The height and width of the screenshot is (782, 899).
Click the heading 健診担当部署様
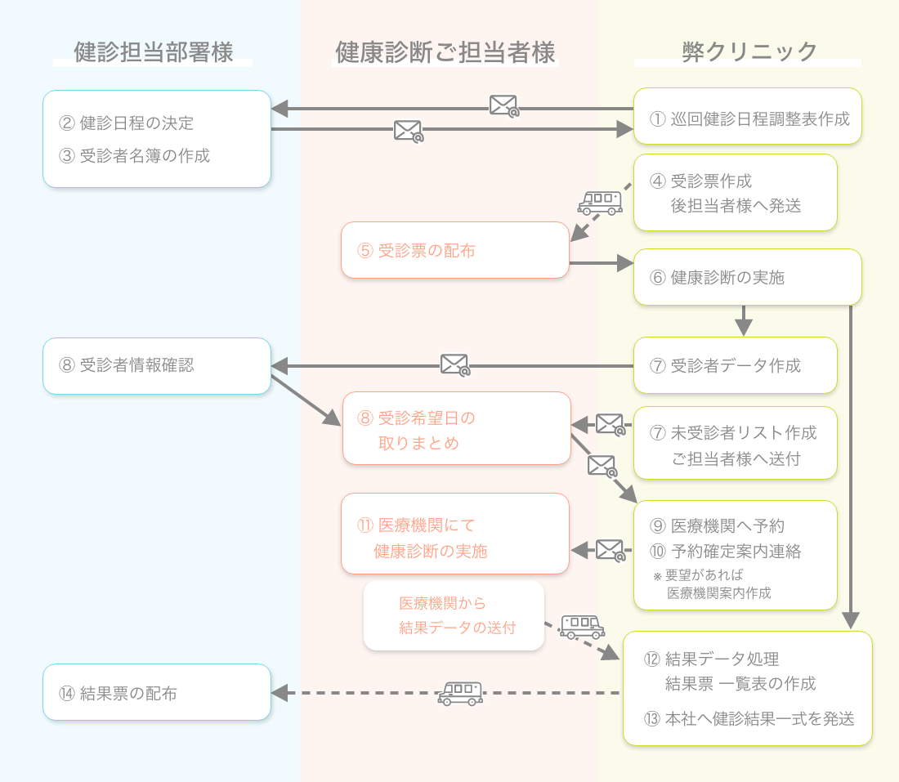click(x=153, y=52)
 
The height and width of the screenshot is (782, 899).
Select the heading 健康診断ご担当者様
click(x=445, y=53)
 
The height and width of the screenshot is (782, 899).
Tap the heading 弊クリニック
click(x=749, y=52)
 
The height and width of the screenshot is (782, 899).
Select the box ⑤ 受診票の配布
click(x=454, y=251)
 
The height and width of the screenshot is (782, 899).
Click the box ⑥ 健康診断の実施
click(x=748, y=277)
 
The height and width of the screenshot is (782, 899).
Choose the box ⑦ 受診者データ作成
click(x=736, y=365)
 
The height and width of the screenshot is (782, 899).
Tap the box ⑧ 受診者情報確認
click(x=156, y=365)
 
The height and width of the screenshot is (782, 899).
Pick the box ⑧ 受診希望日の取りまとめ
click(x=456, y=430)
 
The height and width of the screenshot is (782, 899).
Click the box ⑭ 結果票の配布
click(x=156, y=693)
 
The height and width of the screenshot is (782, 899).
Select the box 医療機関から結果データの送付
click(x=454, y=615)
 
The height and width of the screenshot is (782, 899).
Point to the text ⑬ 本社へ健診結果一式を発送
click(x=749, y=719)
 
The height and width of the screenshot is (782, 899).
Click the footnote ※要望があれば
click(x=698, y=574)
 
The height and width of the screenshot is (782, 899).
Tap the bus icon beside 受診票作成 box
click(x=598, y=201)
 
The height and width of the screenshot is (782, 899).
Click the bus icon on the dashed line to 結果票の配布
click(x=460, y=694)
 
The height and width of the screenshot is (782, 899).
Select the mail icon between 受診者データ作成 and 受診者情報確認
click(x=455, y=364)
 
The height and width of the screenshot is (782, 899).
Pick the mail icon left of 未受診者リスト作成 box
click(x=611, y=424)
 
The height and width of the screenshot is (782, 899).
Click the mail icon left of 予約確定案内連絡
click(x=611, y=549)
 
